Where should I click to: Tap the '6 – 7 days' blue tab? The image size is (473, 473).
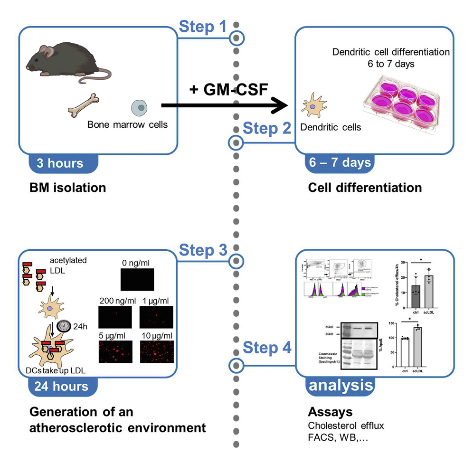(x=339, y=163)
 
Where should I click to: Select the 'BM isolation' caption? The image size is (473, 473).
(x=67, y=188)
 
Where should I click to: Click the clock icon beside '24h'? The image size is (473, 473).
(x=63, y=326)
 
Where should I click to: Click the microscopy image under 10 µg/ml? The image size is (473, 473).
(x=157, y=351)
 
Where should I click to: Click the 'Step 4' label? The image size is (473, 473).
(x=267, y=348)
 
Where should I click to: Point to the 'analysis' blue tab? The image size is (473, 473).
(x=341, y=385)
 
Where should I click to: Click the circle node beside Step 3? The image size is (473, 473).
(x=236, y=260)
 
